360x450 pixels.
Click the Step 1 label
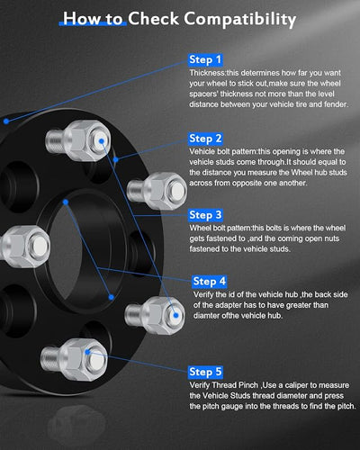tap(205, 59)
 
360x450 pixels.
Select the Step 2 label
tap(205, 139)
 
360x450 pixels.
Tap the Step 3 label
tap(205, 215)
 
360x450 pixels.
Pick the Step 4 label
tap(210, 282)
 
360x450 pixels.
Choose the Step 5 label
tap(205, 372)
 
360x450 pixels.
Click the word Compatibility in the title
tap(240, 19)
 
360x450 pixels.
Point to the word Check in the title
tap(153, 19)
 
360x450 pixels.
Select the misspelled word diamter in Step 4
tap(206, 316)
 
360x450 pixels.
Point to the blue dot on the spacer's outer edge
tap(6, 121)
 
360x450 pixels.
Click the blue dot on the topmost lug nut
tap(102, 141)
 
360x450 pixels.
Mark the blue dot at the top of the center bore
tap(66, 202)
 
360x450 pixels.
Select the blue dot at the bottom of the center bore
tap(112, 297)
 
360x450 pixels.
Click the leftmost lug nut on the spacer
tap(24, 247)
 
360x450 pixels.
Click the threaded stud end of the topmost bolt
tap(54, 140)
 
